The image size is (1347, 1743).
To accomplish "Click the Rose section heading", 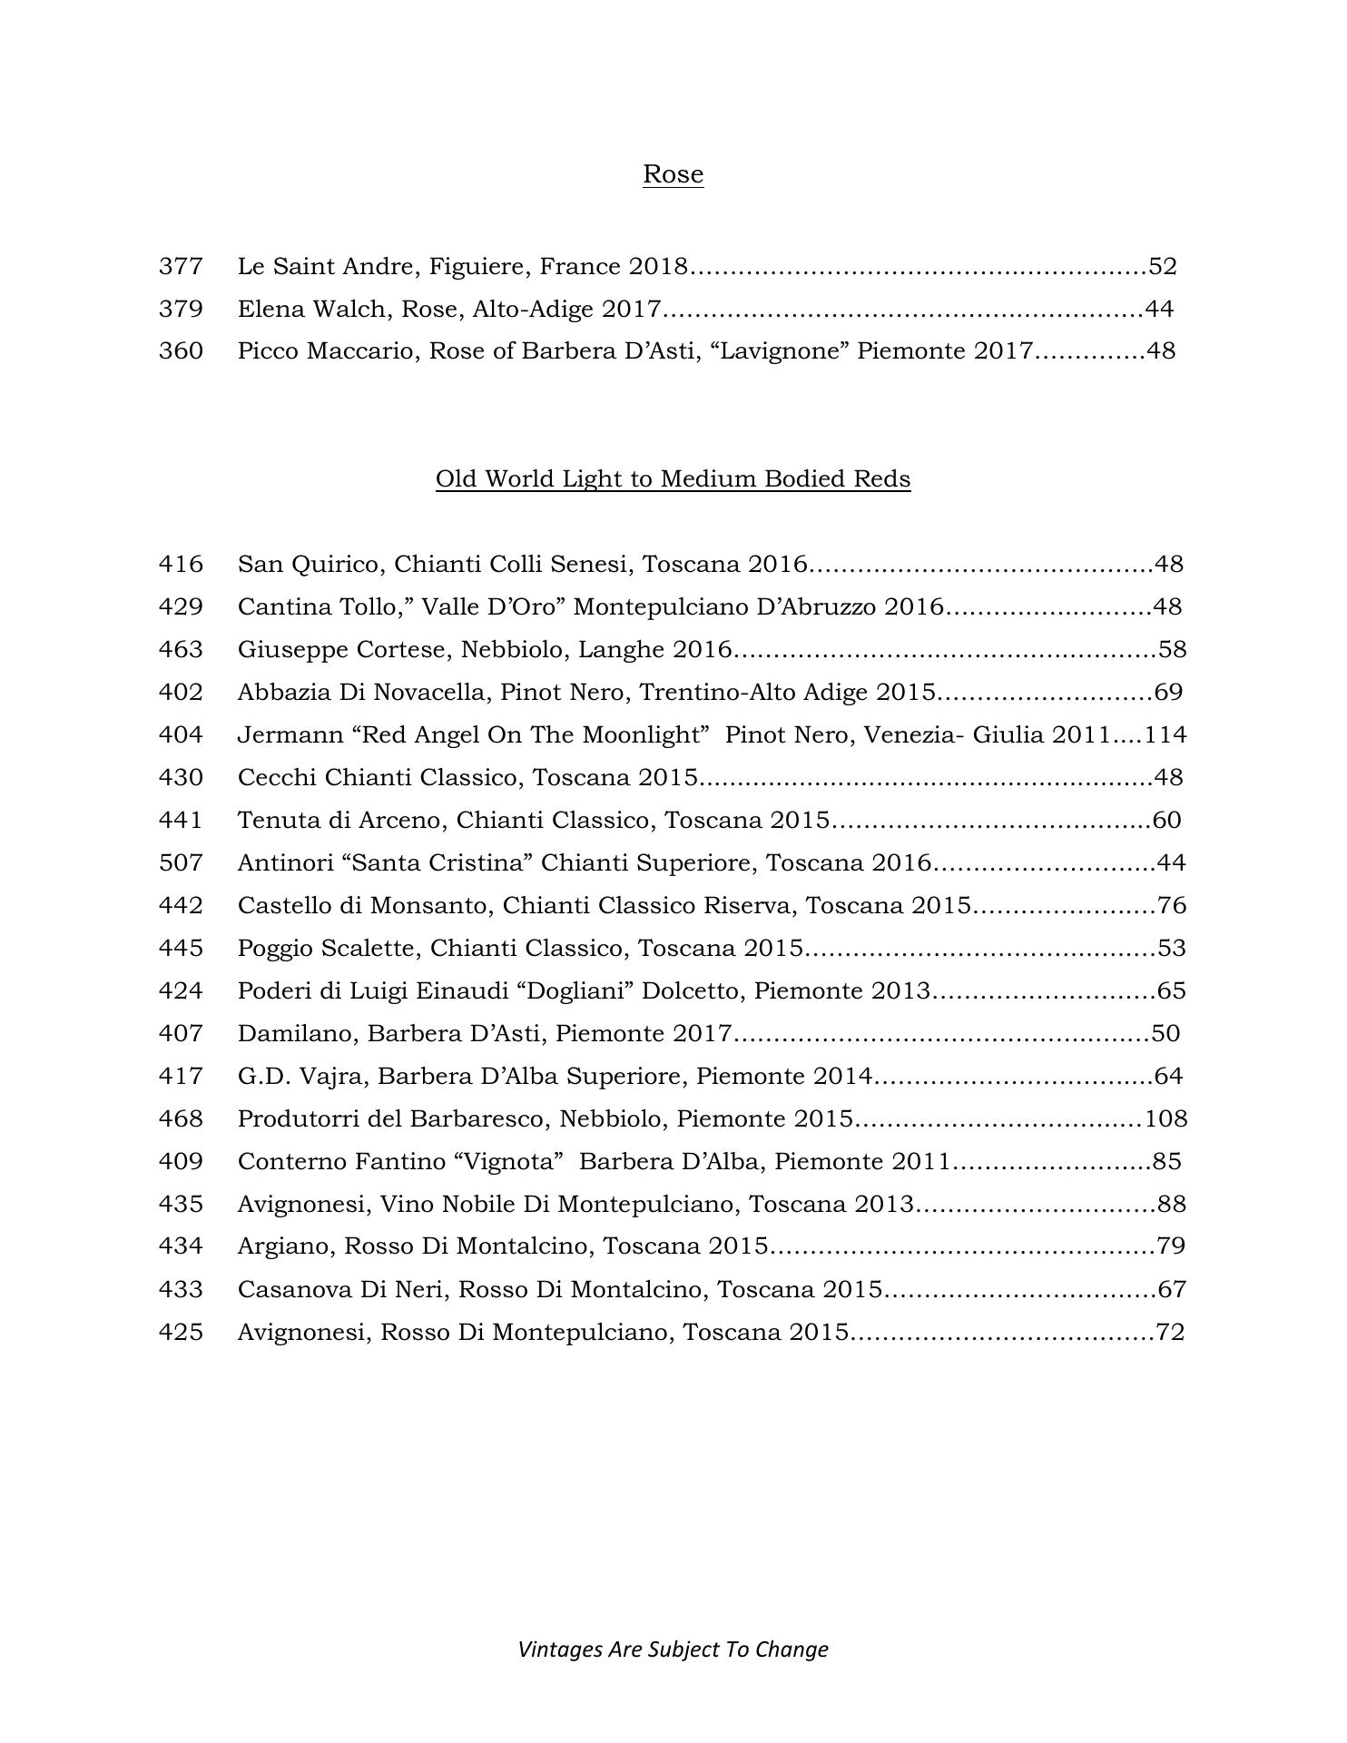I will point(673,173).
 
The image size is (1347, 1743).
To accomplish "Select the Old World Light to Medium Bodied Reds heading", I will point(673,478).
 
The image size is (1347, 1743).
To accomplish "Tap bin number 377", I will point(181,266).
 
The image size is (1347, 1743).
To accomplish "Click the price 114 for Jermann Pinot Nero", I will point(1165,734).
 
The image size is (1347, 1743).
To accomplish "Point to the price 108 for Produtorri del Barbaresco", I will point(1165,1118).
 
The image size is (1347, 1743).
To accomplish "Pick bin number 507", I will point(181,862).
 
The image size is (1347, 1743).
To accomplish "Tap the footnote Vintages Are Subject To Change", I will point(673,1649).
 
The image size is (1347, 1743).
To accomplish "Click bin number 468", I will point(181,1118).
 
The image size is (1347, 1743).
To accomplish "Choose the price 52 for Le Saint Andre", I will point(1163,266).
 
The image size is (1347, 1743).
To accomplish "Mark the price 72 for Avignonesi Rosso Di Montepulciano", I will point(1170,1332).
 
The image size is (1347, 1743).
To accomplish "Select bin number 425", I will point(181,1332).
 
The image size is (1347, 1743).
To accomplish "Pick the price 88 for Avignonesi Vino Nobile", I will point(1172,1204).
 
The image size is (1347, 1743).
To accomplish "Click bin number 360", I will point(181,350).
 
